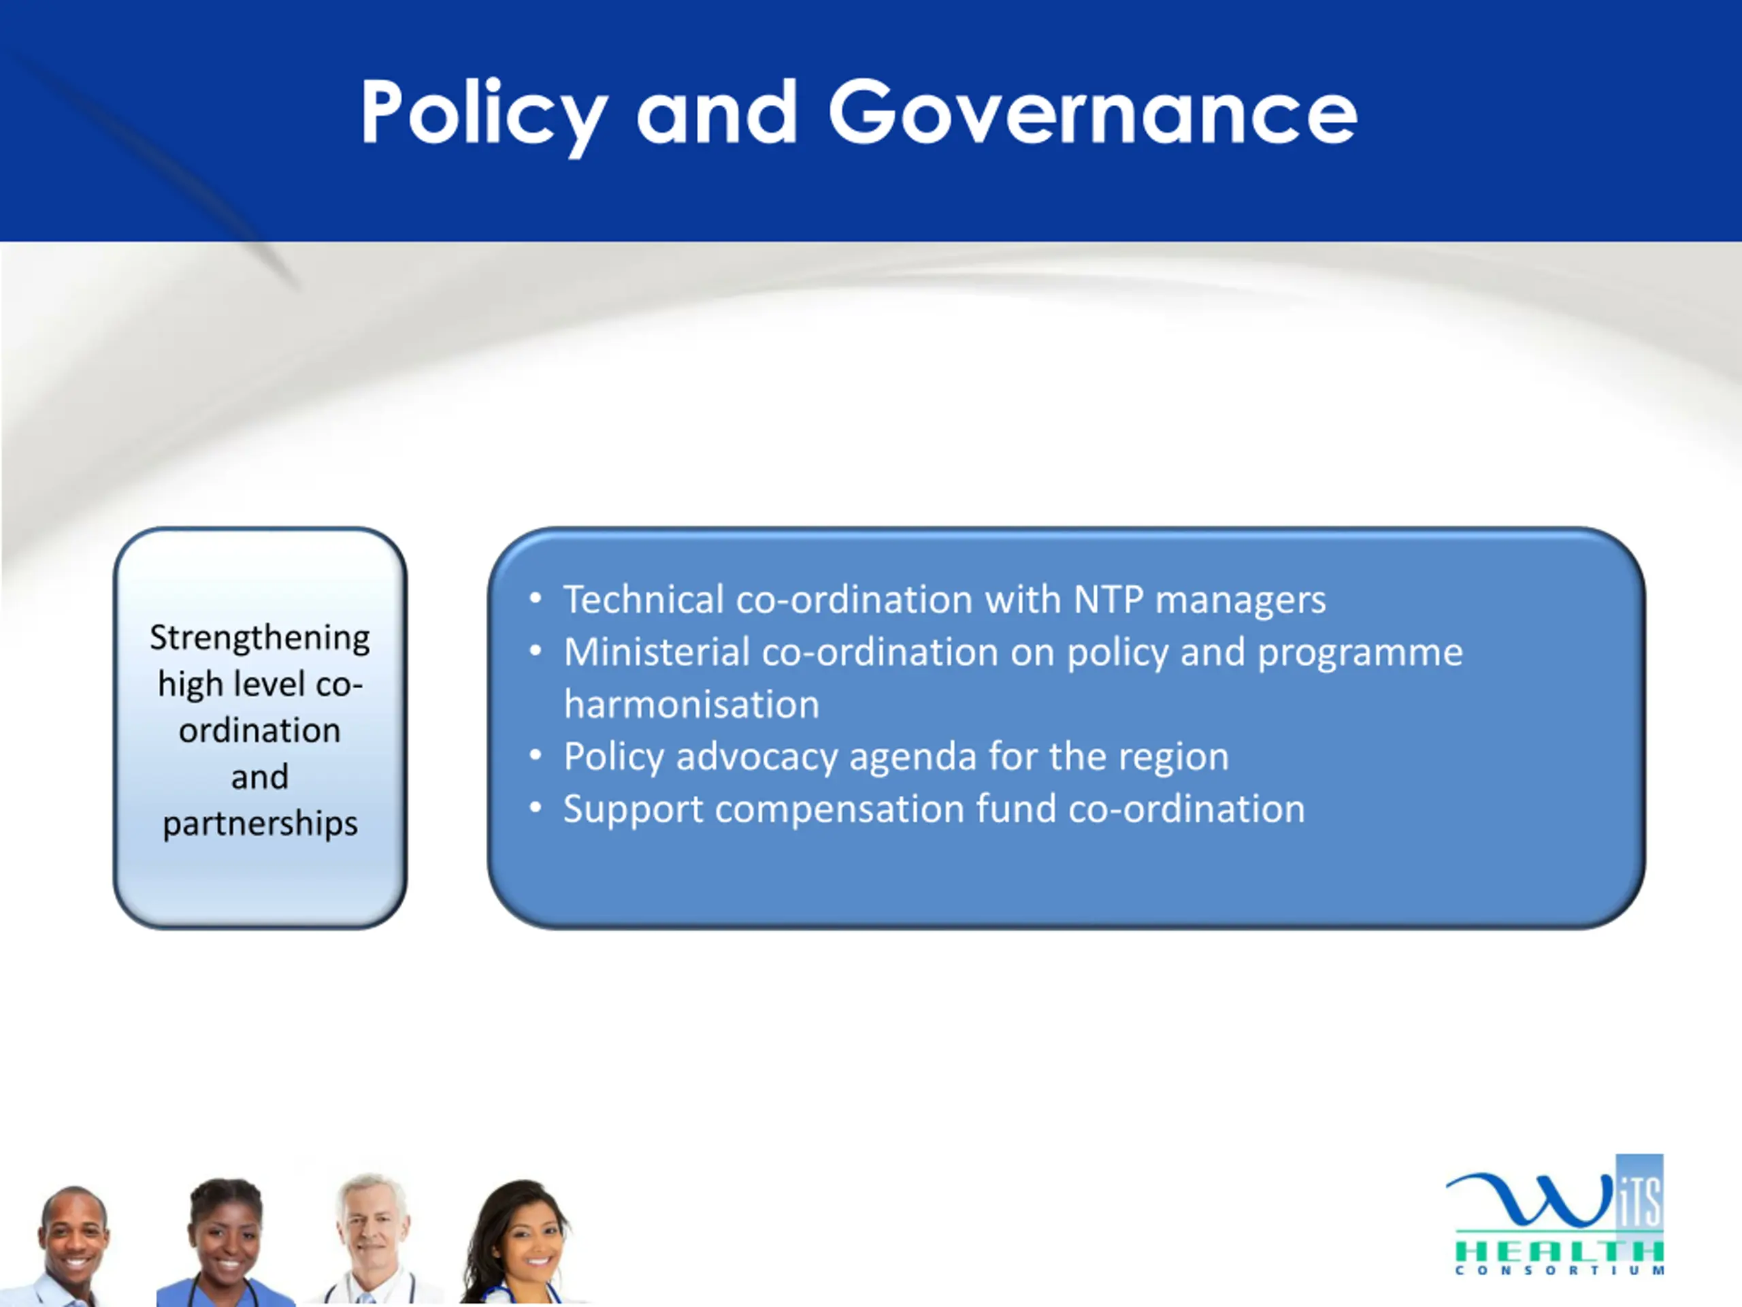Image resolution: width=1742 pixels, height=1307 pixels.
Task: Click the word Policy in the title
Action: [484, 115]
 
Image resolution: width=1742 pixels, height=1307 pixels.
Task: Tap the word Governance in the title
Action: [1093, 112]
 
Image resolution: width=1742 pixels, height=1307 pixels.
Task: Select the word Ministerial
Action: [657, 652]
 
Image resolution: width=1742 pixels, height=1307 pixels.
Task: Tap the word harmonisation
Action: [691, 705]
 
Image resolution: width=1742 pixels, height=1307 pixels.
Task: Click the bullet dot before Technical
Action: [536, 600]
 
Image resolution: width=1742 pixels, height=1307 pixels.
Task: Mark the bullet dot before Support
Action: [536, 808]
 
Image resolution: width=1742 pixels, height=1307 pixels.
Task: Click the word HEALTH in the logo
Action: [1560, 1252]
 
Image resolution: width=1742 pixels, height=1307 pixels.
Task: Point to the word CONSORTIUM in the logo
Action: [1560, 1271]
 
